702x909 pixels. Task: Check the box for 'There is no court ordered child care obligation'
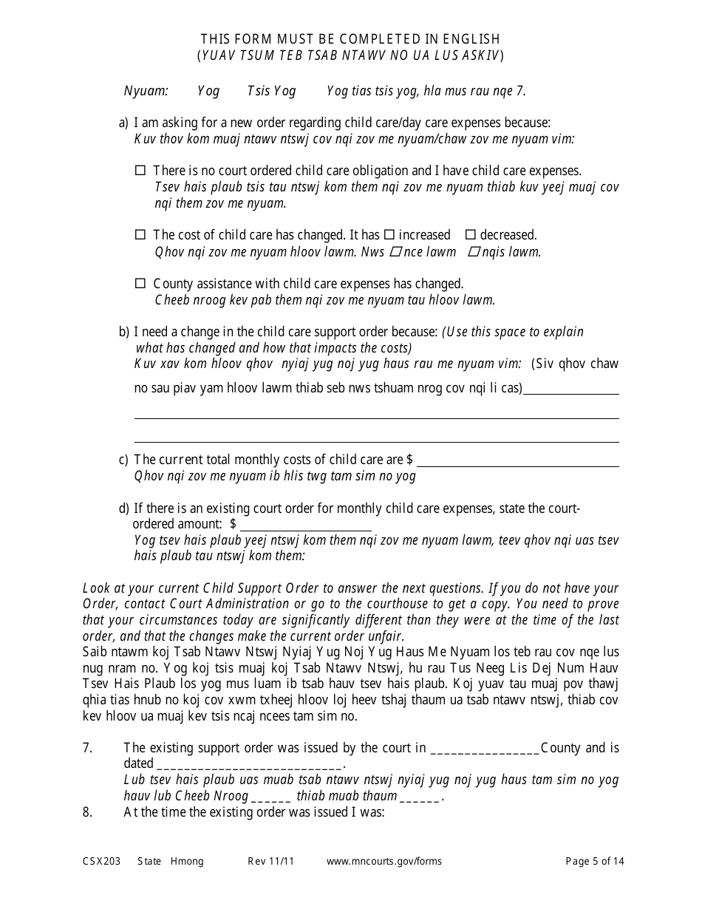point(140,170)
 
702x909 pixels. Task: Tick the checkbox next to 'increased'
point(389,235)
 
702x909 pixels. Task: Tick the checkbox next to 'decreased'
point(471,235)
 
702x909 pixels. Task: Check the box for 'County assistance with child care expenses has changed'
point(140,284)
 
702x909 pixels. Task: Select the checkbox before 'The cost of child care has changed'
point(140,235)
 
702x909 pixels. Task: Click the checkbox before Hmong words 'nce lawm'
point(395,252)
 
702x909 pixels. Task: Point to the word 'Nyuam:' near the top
point(146,91)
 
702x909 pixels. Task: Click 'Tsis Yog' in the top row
point(271,91)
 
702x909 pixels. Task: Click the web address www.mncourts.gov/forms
point(384,861)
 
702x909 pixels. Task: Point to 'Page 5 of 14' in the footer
point(595,861)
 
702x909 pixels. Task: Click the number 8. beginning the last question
point(87,811)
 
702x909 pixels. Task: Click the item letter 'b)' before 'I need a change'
point(124,332)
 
